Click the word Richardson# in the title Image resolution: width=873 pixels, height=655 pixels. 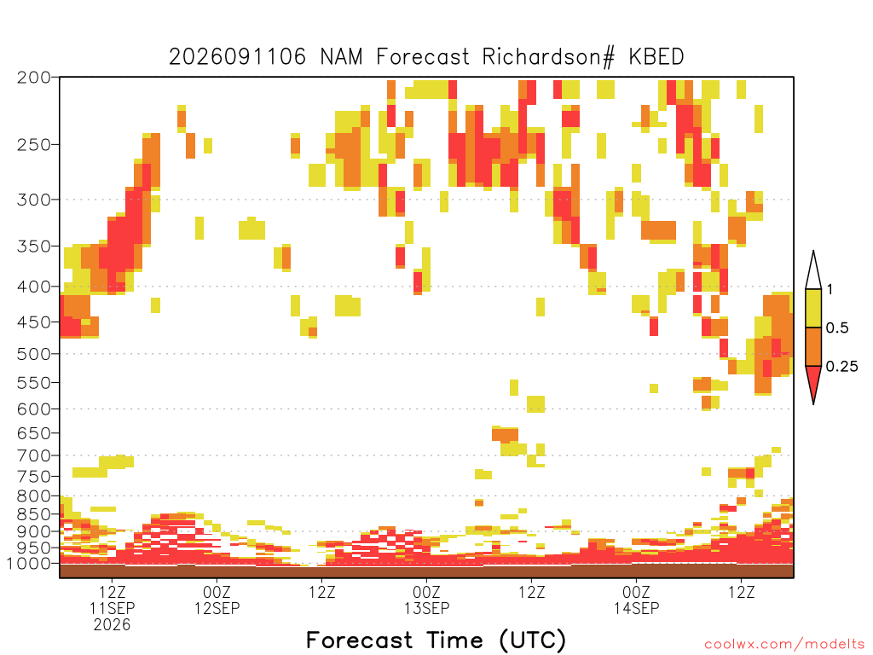click(x=549, y=57)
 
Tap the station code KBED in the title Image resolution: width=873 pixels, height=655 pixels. click(x=656, y=57)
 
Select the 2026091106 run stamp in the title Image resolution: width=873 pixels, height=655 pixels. click(x=238, y=57)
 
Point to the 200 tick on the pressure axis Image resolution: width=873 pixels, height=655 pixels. click(x=34, y=78)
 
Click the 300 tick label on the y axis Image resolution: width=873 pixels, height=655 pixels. click(x=34, y=200)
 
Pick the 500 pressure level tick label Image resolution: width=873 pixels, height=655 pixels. click(x=34, y=354)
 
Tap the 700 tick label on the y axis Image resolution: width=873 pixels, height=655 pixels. click(x=34, y=455)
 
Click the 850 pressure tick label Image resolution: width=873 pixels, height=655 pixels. click(x=34, y=514)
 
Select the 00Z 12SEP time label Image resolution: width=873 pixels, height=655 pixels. click(x=217, y=600)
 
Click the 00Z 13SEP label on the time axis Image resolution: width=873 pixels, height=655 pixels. click(x=427, y=600)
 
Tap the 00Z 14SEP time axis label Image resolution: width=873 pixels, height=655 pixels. click(x=636, y=600)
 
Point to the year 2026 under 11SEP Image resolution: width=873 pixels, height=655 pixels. click(x=112, y=625)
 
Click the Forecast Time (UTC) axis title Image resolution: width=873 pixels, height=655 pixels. click(x=436, y=641)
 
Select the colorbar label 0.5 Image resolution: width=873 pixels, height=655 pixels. click(x=837, y=328)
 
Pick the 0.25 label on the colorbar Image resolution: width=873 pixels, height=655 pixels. click(x=841, y=367)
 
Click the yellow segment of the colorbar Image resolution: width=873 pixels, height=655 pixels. click(x=813, y=308)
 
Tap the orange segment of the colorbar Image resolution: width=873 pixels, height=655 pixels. click(x=813, y=346)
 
